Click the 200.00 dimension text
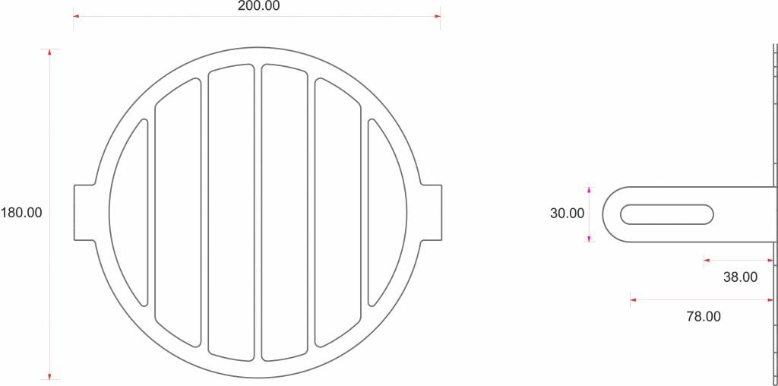click(x=258, y=6)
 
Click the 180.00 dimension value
click(x=21, y=213)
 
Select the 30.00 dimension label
click(x=567, y=214)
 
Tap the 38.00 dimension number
click(x=740, y=277)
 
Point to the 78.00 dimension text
click(x=704, y=317)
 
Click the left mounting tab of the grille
click(x=84, y=213)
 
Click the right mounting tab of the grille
click(x=432, y=213)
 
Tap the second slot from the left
click(x=178, y=213)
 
